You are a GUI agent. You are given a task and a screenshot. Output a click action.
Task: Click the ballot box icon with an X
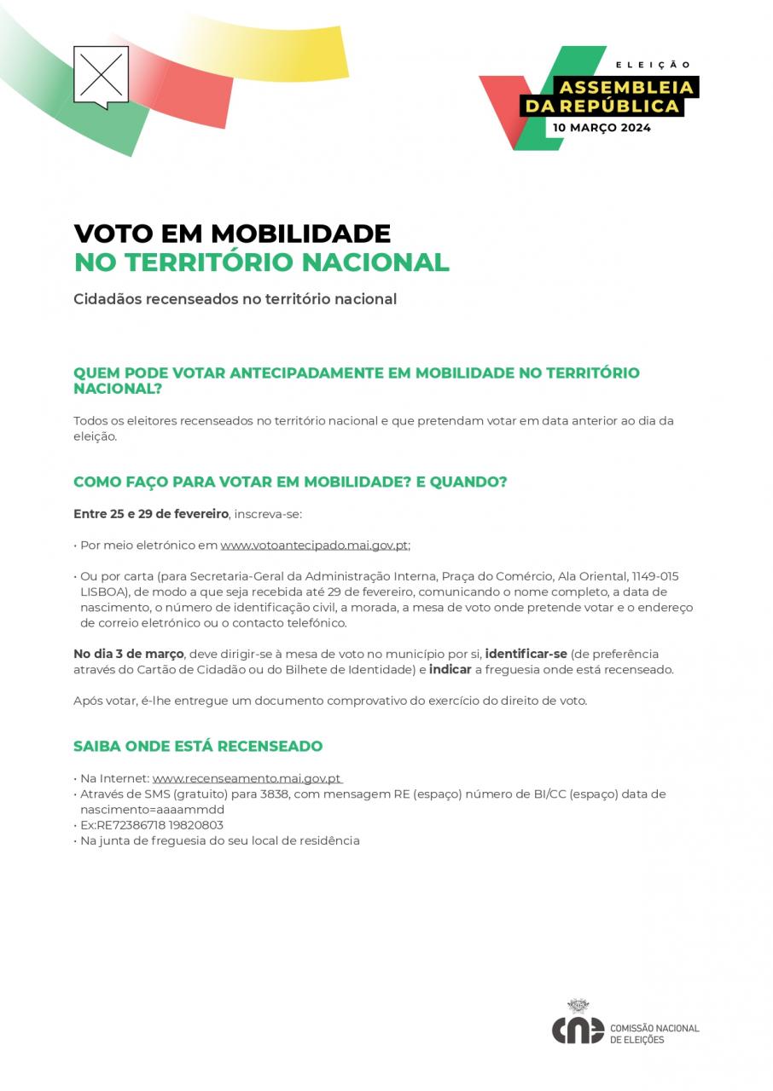pos(101,75)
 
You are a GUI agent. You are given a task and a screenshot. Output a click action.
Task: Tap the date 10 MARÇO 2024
pos(602,128)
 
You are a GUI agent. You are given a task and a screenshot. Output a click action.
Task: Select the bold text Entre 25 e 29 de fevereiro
pos(151,514)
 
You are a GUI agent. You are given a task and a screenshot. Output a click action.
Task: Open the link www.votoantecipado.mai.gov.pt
pos(314,545)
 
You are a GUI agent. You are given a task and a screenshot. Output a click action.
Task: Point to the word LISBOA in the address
pos(103,592)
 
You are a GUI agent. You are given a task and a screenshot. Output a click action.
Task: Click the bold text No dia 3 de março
pos(129,654)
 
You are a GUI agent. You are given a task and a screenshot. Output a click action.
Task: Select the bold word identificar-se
pos(526,654)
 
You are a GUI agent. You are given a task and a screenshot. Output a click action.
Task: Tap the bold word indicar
pos(450,670)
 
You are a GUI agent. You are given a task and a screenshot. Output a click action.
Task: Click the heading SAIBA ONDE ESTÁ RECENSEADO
pos(198,747)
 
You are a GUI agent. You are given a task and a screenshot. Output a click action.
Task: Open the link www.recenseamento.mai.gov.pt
pos(247,778)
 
